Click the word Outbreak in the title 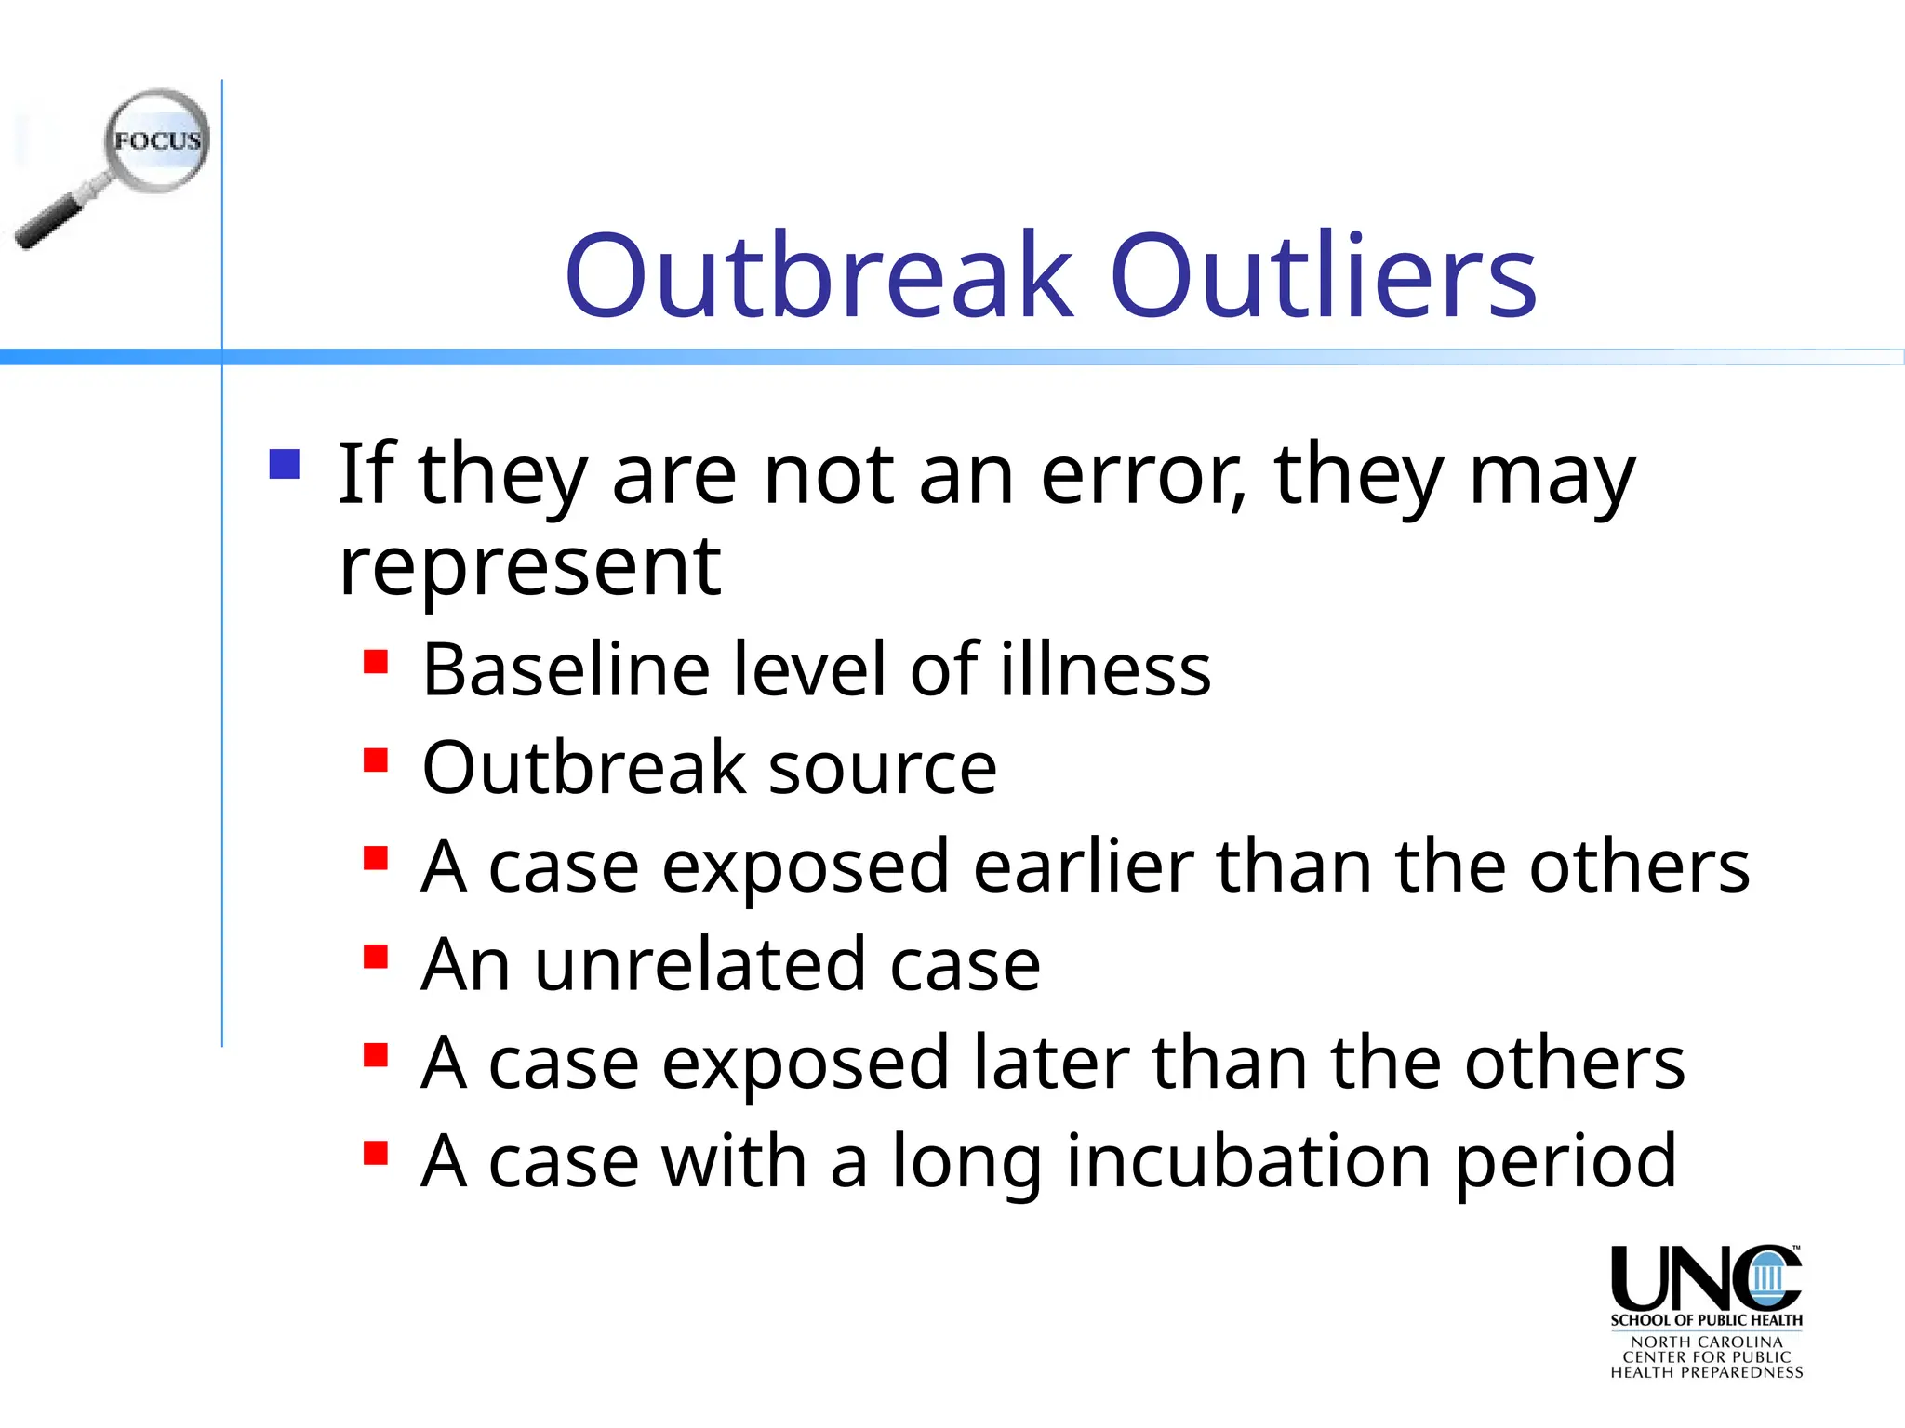pyautogui.click(x=819, y=275)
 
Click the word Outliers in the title pyautogui.click(x=1324, y=275)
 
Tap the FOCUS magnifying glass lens pyautogui.click(x=156, y=140)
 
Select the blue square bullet pyautogui.click(x=285, y=464)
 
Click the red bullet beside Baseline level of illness pyautogui.click(x=376, y=661)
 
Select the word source pyautogui.click(x=883, y=768)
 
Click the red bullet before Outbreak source pyautogui.click(x=376, y=760)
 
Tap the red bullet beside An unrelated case pyautogui.click(x=376, y=957)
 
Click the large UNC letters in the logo pyautogui.click(x=1705, y=1278)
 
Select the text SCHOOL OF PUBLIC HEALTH pyautogui.click(x=1706, y=1320)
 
